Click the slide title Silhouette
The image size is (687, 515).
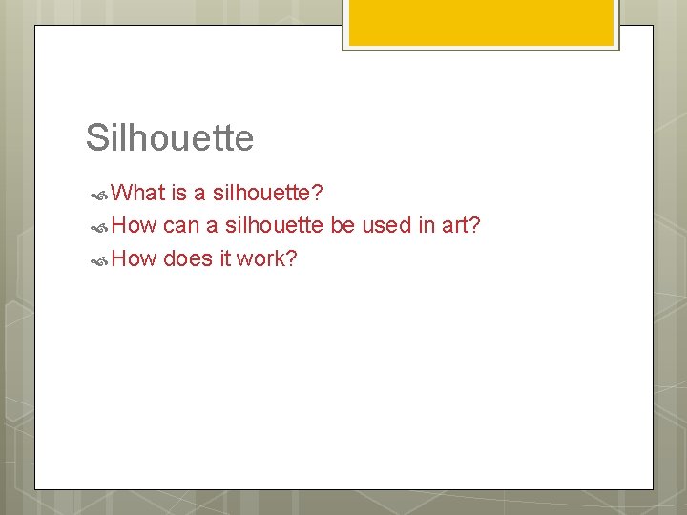170,138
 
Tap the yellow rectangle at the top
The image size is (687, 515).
481,21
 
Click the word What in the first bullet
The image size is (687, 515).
138,194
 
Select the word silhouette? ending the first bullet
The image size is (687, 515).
267,194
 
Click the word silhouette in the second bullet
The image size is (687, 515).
274,226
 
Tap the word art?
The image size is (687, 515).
459,226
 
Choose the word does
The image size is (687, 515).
190,258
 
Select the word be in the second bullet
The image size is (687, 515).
342,226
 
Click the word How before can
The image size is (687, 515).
134,226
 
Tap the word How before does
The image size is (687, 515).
134,258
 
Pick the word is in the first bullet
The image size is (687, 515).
179,194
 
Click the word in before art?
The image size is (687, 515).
425,226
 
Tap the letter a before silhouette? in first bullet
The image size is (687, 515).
199,195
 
